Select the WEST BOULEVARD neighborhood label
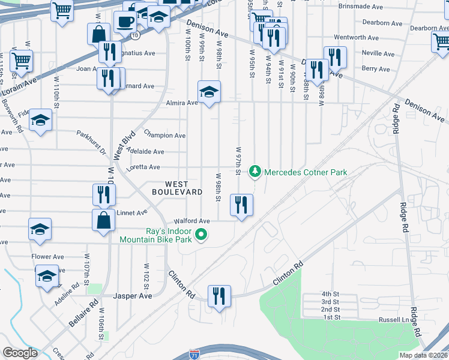click(x=169, y=188)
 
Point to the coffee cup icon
click(x=125, y=22)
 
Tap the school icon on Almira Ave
click(x=209, y=92)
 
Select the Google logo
click(x=20, y=353)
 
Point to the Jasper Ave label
click(x=133, y=296)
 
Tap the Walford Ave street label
click(x=191, y=221)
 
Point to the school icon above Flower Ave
click(x=40, y=229)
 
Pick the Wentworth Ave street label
click(x=357, y=37)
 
